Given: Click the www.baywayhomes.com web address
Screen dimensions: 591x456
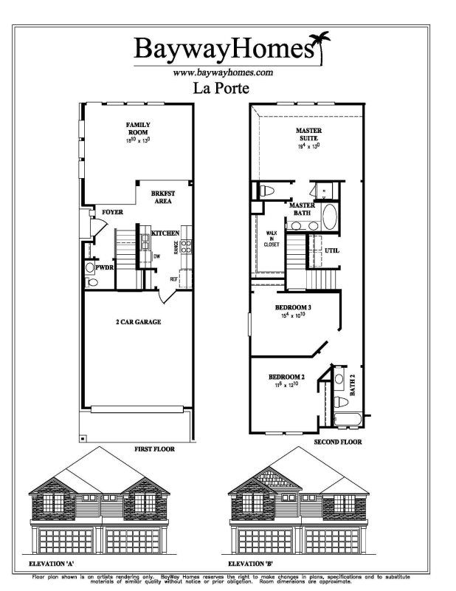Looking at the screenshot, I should point(223,72).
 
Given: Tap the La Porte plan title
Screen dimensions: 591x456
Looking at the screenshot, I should point(221,89).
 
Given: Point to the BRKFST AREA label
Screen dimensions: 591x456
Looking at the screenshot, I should point(163,196).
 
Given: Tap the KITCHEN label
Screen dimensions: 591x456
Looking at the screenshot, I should point(165,233).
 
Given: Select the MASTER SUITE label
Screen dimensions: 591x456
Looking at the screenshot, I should point(307,134).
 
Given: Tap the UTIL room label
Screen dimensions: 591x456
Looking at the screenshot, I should point(332,250).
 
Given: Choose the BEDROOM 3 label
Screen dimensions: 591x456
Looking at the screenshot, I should point(291,307).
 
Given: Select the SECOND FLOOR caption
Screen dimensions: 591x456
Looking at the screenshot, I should point(338,443).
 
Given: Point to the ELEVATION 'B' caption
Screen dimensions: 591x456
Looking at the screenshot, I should point(249,564).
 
